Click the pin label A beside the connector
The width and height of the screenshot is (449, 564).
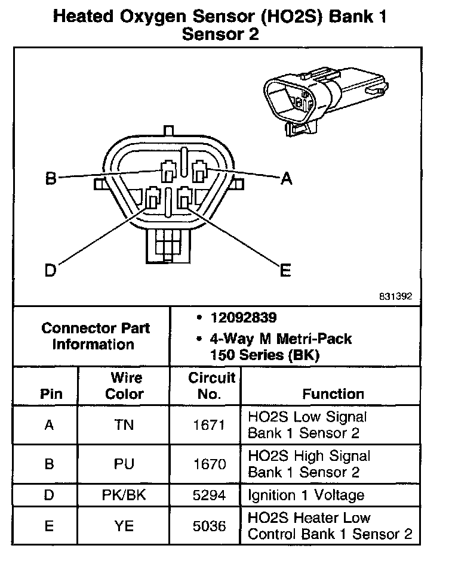click(287, 178)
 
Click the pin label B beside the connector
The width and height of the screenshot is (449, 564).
click(51, 178)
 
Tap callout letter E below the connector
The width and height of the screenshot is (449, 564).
click(286, 271)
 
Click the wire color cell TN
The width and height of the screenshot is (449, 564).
click(124, 425)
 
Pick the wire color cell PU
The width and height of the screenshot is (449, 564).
click(124, 464)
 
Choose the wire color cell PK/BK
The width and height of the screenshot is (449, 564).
click(124, 495)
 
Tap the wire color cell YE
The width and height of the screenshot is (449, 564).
click(124, 525)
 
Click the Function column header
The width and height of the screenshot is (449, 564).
click(333, 394)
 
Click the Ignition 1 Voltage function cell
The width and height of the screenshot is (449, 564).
click(306, 495)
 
